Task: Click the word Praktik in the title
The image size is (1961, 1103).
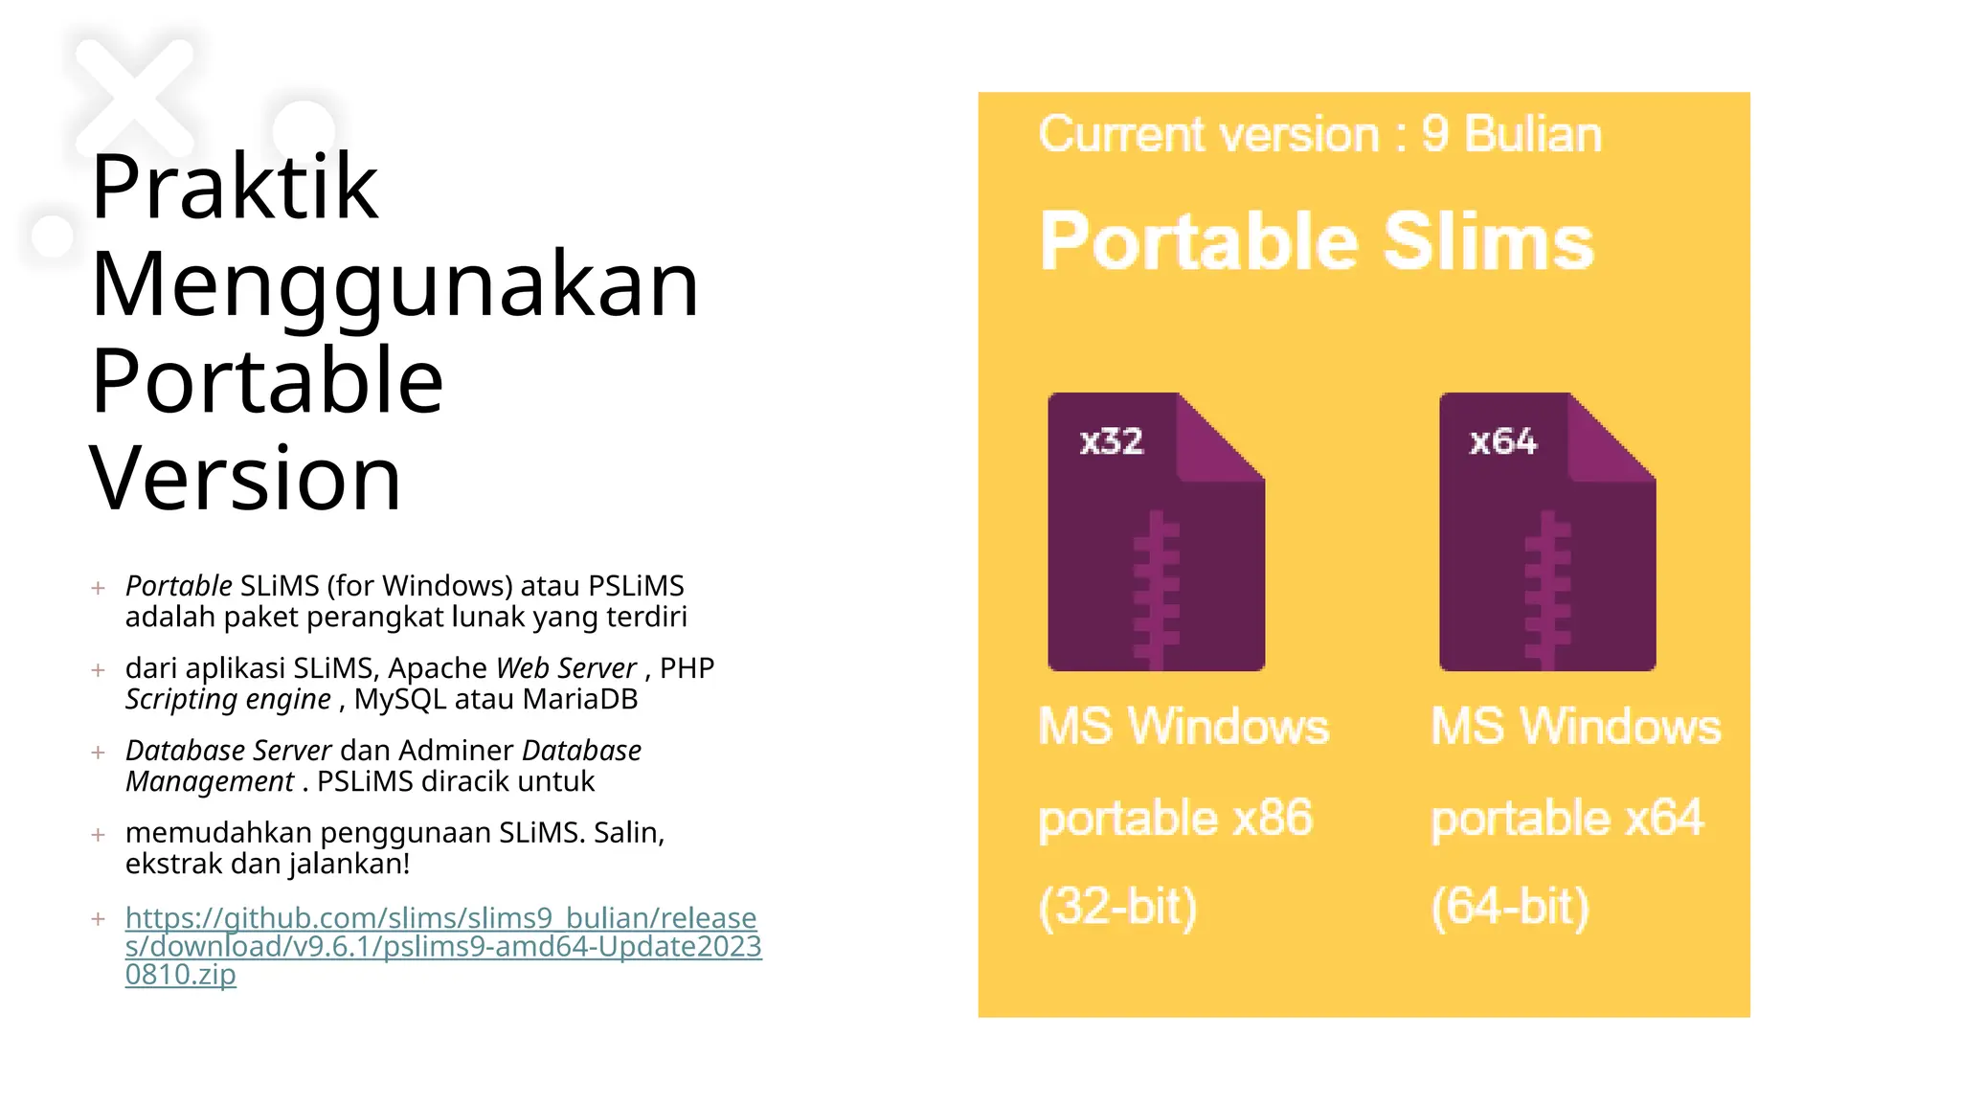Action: (x=235, y=187)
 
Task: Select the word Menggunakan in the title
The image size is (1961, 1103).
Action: (x=394, y=284)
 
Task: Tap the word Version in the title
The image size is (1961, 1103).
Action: (x=245, y=479)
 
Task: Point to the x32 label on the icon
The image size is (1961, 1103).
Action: (x=1112, y=441)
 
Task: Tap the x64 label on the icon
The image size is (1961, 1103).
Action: (x=1503, y=441)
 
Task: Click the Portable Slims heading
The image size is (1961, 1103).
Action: (x=1317, y=241)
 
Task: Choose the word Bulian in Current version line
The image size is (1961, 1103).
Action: (x=1533, y=134)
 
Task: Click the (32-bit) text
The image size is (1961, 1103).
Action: (x=1117, y=906)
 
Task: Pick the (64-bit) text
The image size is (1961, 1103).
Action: (x=1510, y=906)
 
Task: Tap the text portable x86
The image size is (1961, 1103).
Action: (x=1176, y=819)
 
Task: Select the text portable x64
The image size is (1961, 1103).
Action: (x=1567, y=819)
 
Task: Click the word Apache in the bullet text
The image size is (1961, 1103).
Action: (x=438, y=667)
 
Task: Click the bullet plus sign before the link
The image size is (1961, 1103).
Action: (x=98, y=919)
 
